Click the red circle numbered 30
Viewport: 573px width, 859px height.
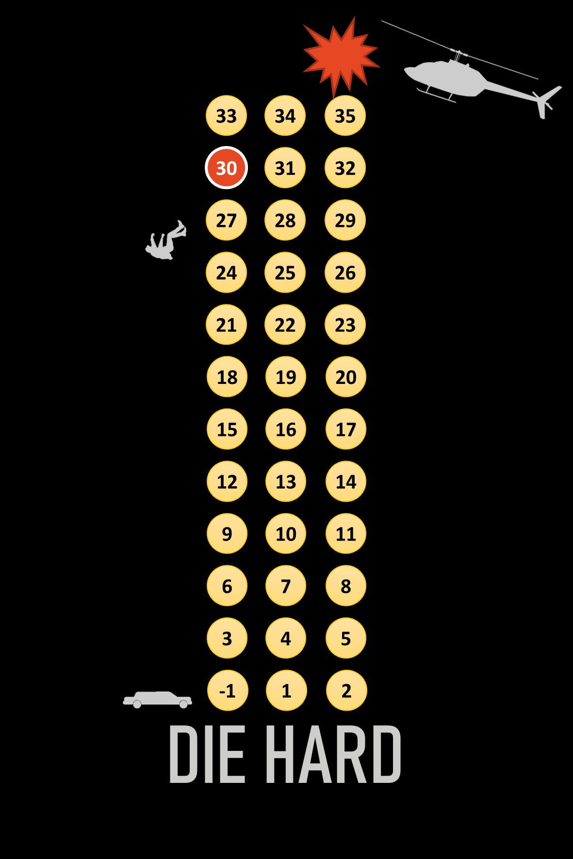(x=226, y=168)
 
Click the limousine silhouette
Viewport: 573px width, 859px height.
(x=157, y=700)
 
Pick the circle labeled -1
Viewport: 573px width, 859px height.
(x=227, y=690)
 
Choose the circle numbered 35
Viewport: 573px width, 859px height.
(x=345, y=116)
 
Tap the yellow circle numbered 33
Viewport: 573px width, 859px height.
(x=226, y=116)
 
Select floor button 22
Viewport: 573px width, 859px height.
(x=285, y=325)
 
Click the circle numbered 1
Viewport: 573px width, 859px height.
(x=286, y=690)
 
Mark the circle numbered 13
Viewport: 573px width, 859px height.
(x=286, y=481)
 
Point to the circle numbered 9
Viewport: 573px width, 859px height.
(x=227, y=534)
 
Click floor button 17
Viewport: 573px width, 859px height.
(x=345, y=429)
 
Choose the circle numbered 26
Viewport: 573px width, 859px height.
(x=345, y=272)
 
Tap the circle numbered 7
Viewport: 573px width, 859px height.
(x=286, y=586)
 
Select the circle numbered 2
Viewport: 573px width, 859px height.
(x=346, y=690)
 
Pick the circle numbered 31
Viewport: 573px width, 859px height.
(x=285, y=168)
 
